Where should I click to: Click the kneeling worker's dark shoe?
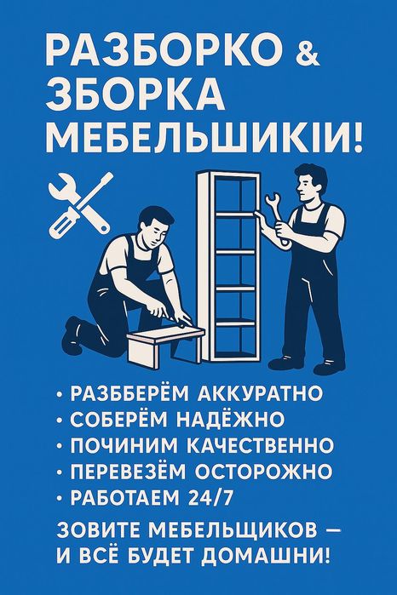[74, 334]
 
